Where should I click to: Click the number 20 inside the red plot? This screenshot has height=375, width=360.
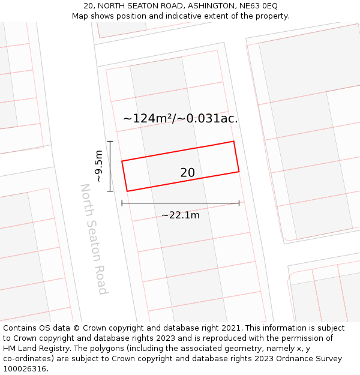(187, 173)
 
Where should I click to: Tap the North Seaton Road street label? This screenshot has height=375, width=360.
(94, 239)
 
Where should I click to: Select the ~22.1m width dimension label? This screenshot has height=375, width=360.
(180, 215)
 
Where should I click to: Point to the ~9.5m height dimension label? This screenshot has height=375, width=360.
(99, 166)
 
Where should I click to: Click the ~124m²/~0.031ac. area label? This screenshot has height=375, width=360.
(180, 118)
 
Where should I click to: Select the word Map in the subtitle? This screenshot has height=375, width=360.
(80, 16)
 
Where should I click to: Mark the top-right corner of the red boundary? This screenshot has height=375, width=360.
(233, 142)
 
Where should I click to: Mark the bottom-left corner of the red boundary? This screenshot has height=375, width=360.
(127, 191)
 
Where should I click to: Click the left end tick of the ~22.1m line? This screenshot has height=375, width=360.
(122, 203)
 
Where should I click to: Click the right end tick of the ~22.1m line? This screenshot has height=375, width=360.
(239, 203)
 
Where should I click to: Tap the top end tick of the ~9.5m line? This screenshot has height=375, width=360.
(110, 141)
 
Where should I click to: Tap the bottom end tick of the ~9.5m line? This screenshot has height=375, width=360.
(110, 191)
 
